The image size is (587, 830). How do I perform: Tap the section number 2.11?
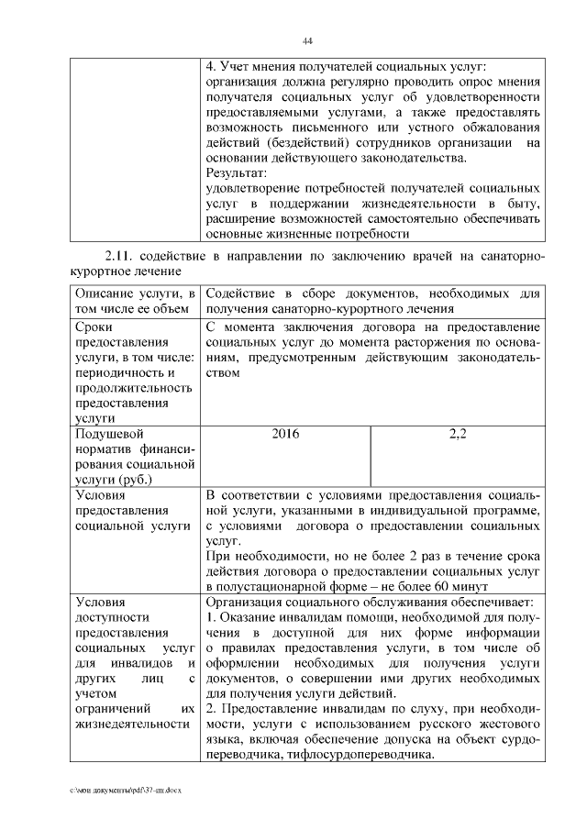121,254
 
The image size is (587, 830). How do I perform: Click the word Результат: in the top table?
237,172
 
